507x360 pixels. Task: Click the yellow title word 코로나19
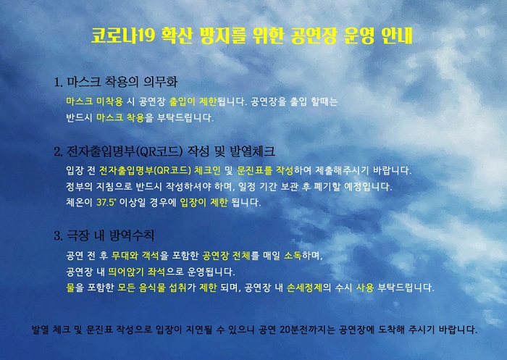click(124, 35)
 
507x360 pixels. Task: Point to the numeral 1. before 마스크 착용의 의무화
click(59, 83)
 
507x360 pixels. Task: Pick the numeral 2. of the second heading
click(59, 152)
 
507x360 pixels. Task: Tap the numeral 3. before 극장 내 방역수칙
click(59, 236)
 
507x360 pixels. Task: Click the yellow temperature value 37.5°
click(106, 203)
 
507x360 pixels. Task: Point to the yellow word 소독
click(293, 256)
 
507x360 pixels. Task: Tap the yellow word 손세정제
click(305, 288)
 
